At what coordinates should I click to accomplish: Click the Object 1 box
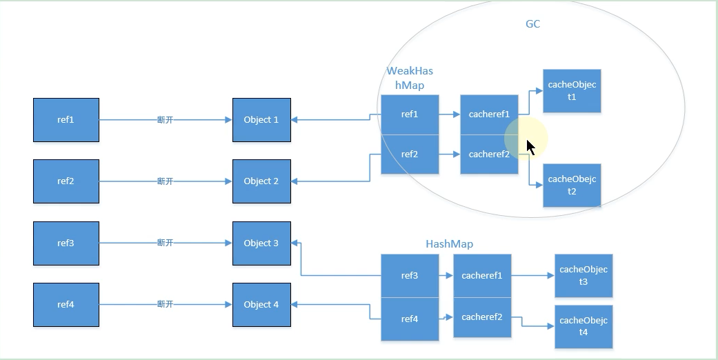pos(261,120)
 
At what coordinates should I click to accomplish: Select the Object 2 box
pos(261,181)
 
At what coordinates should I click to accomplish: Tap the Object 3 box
pos(261,243)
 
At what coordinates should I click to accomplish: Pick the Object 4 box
pos(261,304)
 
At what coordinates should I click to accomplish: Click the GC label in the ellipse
pos(532,24)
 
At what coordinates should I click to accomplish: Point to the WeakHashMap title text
pos(410,78)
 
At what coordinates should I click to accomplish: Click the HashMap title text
pos(449,244)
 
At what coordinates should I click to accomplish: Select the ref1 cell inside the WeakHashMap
pos(410,114)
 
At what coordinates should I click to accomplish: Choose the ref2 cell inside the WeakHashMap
pos(410,154)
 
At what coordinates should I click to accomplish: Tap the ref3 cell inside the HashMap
pos(410,276)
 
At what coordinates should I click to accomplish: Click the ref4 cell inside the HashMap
pos(410,319)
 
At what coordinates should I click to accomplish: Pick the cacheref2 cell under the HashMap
pos(482,317)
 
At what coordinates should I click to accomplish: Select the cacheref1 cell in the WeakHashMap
pos(489,114)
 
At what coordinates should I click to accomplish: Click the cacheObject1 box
pos(572,91)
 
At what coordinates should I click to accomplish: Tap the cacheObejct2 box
pos(572,186)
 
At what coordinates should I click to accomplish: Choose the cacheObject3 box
pos(583,276)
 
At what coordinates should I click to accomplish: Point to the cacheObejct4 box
pos(583,327)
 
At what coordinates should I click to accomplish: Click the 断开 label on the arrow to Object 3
pos(165,243)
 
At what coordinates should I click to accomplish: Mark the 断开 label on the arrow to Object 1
pos(165,120)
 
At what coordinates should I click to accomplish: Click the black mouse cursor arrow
pos(530,147)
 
